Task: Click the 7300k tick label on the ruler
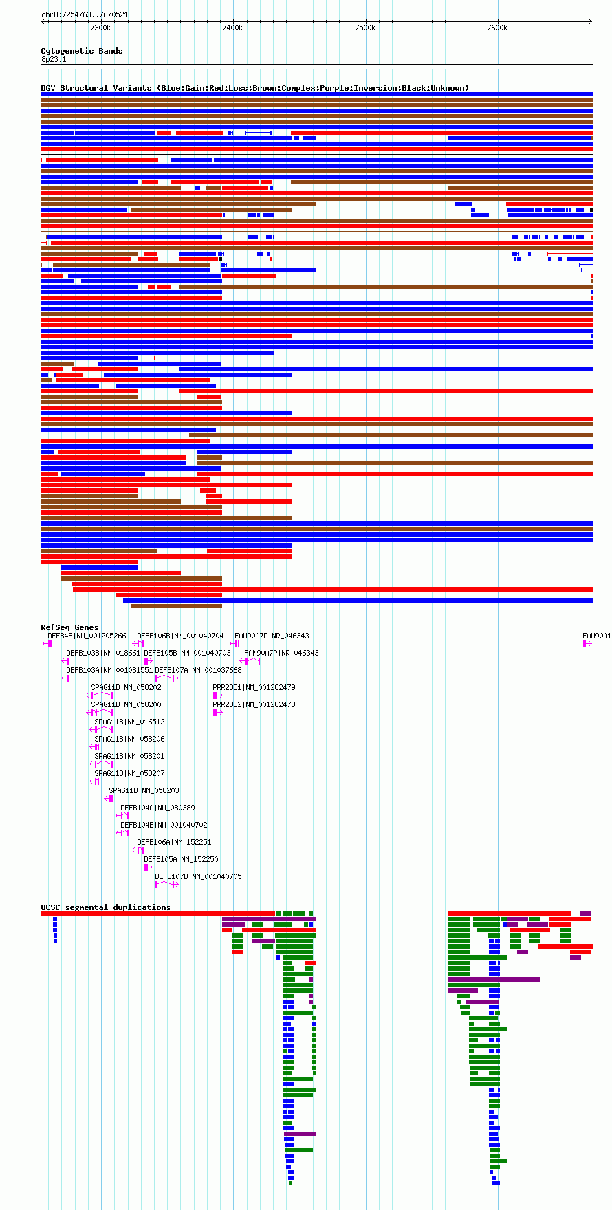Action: coord(100,28)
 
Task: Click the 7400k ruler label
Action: coord(232,28)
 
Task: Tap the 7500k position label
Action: coord(365,28)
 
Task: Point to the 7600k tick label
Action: coord(497,28)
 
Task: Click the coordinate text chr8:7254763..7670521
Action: coord(85,14)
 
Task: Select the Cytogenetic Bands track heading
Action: coord(82,51)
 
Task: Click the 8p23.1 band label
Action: coord(54,60)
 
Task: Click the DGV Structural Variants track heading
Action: coord(255,88)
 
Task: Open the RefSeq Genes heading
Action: coord(69,627)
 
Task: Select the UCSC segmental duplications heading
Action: coord(106,907)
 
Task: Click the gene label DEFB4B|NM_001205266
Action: coord(87,636)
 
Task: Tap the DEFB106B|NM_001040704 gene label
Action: coord(180,636)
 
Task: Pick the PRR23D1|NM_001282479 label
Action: coord(254,688)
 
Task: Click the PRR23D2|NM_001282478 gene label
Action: coord(254,705)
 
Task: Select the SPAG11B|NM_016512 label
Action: coord(130,722)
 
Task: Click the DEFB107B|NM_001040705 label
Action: coord(198,877)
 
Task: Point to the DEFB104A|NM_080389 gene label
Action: coord(157,808)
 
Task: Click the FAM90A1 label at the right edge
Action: coord(597,636)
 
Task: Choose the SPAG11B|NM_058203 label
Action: coord(144,791)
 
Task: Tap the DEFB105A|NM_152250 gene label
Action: coord(181,860)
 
